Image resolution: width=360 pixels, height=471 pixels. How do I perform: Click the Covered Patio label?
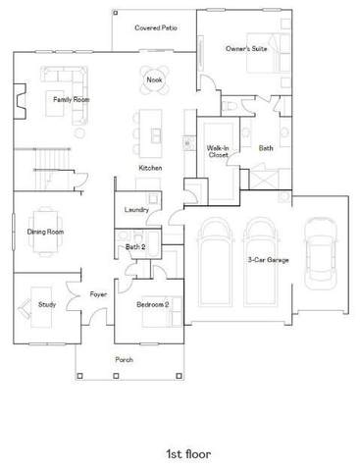(156, 27)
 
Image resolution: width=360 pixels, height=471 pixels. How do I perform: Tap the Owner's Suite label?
(246, 49)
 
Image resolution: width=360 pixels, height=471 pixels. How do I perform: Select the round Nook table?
(154, 79)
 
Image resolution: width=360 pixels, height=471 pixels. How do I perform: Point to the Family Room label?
(72, 99)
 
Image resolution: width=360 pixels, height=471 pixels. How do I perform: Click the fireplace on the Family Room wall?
(20, 101)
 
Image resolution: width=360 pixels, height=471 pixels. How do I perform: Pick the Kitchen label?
(150, 168)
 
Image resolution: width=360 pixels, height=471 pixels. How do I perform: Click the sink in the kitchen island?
(156, 135)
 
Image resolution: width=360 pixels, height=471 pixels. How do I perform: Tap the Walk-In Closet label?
(218, 151)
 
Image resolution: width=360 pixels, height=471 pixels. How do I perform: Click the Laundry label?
(136, 210)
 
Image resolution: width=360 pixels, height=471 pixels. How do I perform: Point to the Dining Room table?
(45, 232)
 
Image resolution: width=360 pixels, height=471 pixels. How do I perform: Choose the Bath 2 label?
(135, 247)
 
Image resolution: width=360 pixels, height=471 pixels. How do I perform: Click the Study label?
(47, 304)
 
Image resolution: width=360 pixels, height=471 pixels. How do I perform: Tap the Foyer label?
(98, 294)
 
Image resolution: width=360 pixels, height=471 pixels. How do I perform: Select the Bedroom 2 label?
(153, 304)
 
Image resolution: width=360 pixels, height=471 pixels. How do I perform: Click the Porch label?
(125, 360)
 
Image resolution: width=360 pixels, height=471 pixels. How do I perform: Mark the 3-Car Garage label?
(269, 260)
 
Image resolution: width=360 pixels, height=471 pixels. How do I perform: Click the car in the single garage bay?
(321, 253)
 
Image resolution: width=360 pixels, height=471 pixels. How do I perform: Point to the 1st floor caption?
(188, 454)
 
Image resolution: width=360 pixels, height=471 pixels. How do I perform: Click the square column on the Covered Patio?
(116, 13)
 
